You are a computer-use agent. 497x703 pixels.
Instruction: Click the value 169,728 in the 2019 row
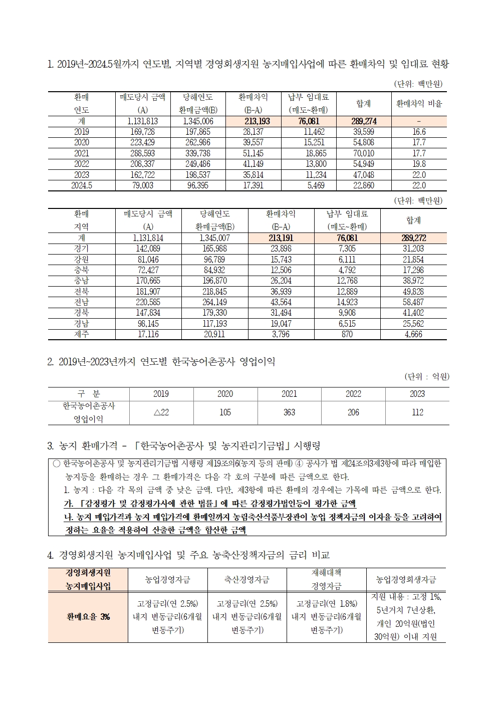[x=142, y=132]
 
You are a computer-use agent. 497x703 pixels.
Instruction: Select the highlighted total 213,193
[x=257, y=121]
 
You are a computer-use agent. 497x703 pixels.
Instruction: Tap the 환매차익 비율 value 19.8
[x=418, y=164]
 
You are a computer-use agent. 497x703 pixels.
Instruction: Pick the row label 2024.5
[x=82, y=185]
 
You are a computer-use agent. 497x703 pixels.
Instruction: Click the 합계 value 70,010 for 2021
[x=363, y=153]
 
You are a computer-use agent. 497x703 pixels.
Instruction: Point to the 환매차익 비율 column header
[x=419, y=103]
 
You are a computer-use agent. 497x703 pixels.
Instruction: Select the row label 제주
[x=82, y=334]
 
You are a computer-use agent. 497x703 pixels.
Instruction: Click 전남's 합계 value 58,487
[x=413, y=302]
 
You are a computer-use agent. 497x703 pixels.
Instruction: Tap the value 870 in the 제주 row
[x=347, y=334]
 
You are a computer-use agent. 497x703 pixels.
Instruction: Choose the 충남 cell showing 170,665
[x=148, y=281]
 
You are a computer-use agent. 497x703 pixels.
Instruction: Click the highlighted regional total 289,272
[x=413, y=239]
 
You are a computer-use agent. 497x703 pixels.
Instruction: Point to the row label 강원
[x=82, y=260]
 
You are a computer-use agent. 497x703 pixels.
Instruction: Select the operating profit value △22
[x=161, y=412]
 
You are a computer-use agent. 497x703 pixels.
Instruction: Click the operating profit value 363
[x=289, y=412]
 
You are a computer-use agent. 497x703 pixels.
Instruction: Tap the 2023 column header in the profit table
[x=417, y=394]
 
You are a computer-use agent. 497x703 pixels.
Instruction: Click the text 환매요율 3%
[x=88, y=617]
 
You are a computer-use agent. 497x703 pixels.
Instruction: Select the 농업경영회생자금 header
[x=406, y=579]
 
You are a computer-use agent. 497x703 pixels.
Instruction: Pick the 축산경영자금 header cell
[x=247, y=579]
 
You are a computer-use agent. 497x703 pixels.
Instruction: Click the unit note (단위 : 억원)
[x=426, y=376]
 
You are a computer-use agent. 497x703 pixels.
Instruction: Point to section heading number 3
[x=50, y=445]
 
